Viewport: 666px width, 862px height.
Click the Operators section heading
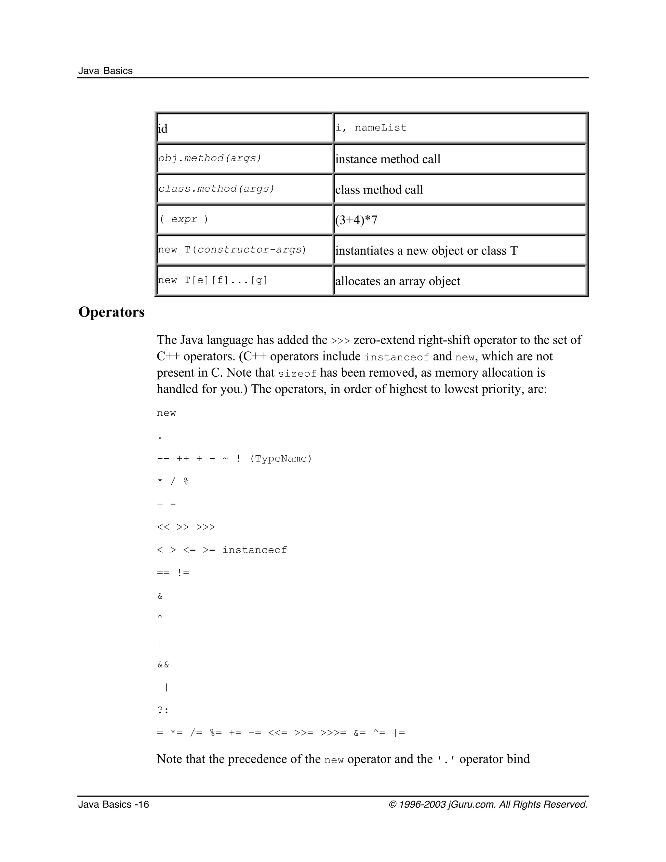[x=111, y=312]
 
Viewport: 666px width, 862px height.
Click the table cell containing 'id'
[x=245, y=128]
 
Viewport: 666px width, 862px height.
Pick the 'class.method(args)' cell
[x=245, y=189]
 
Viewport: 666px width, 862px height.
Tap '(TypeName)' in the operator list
[x=281, y=459]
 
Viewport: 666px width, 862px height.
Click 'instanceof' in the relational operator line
[x=255, y=550]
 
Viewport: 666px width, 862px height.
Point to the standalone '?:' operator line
[x=163, y=710]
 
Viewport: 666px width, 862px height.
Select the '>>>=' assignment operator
[x=333, y=733]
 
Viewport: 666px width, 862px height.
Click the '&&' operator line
[x=163, y=665]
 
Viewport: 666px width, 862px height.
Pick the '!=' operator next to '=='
[x=183, y=573]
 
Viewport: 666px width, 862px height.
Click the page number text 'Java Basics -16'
[x=113, y=805]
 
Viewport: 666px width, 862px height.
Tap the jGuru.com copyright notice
[x=488, y=805]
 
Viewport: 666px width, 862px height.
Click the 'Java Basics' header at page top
[x=105, y=71]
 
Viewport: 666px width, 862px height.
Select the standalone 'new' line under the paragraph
[x=166, y=413]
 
